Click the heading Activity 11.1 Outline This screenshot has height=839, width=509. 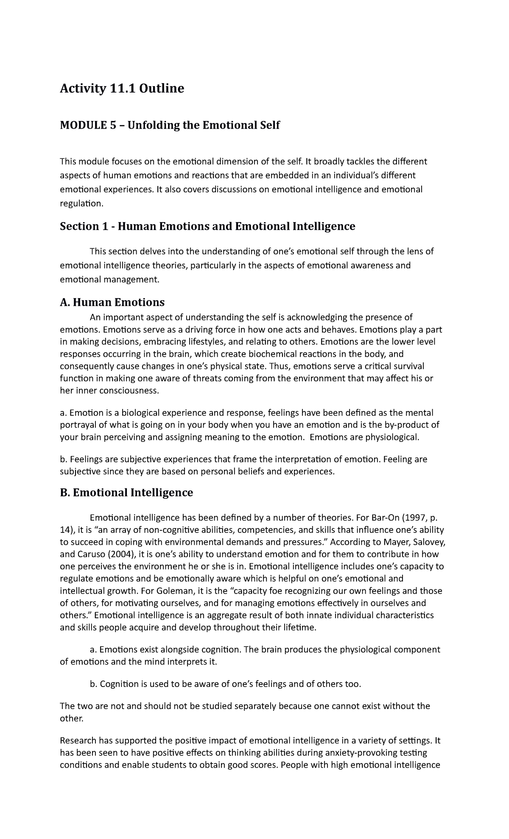point(122,89)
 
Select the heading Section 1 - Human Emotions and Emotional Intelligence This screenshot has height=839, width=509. point(207,226)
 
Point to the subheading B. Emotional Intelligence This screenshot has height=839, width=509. point(126,493)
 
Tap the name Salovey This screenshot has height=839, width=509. point(428,542)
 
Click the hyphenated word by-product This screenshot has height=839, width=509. point(406,425)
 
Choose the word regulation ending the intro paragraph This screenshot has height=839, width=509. point(81,203)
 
